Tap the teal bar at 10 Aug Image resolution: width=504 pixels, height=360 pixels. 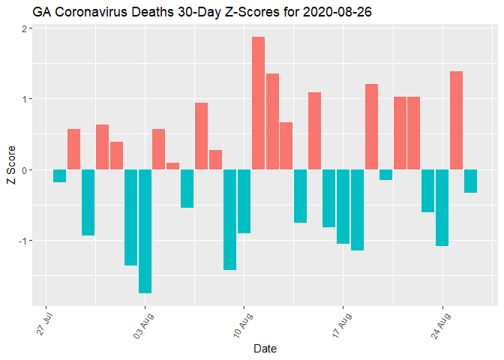[244, 201]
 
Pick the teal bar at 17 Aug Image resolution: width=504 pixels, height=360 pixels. [343, 206]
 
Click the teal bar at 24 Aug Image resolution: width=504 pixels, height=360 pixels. [442, 208]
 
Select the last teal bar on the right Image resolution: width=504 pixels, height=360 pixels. [470, 181]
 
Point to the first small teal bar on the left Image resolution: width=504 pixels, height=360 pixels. [59, 175]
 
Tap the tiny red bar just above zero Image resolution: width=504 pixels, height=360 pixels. [172, 166]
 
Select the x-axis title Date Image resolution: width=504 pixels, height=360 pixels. [265, 348]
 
